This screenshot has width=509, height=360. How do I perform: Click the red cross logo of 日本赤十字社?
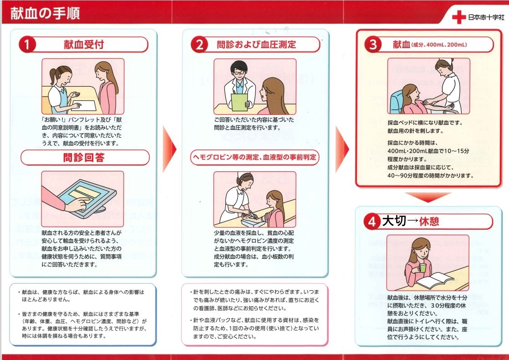458,17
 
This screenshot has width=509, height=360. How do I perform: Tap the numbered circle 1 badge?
27,45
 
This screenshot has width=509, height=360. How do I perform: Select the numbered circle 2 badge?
199,45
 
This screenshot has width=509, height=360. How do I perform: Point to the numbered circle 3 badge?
373,45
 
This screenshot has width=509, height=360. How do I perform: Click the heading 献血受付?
84,45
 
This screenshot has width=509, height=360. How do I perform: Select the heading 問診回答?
84,158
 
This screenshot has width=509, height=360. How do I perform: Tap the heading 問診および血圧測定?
256,45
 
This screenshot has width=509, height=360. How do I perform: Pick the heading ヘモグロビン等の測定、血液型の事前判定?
254,157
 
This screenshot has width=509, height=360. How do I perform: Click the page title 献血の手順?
45,13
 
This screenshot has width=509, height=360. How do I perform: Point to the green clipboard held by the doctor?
239,102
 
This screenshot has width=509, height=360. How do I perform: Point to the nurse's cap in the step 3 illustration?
445,61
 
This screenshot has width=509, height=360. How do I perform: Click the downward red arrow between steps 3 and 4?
428,197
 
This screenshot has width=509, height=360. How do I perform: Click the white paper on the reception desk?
83,106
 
